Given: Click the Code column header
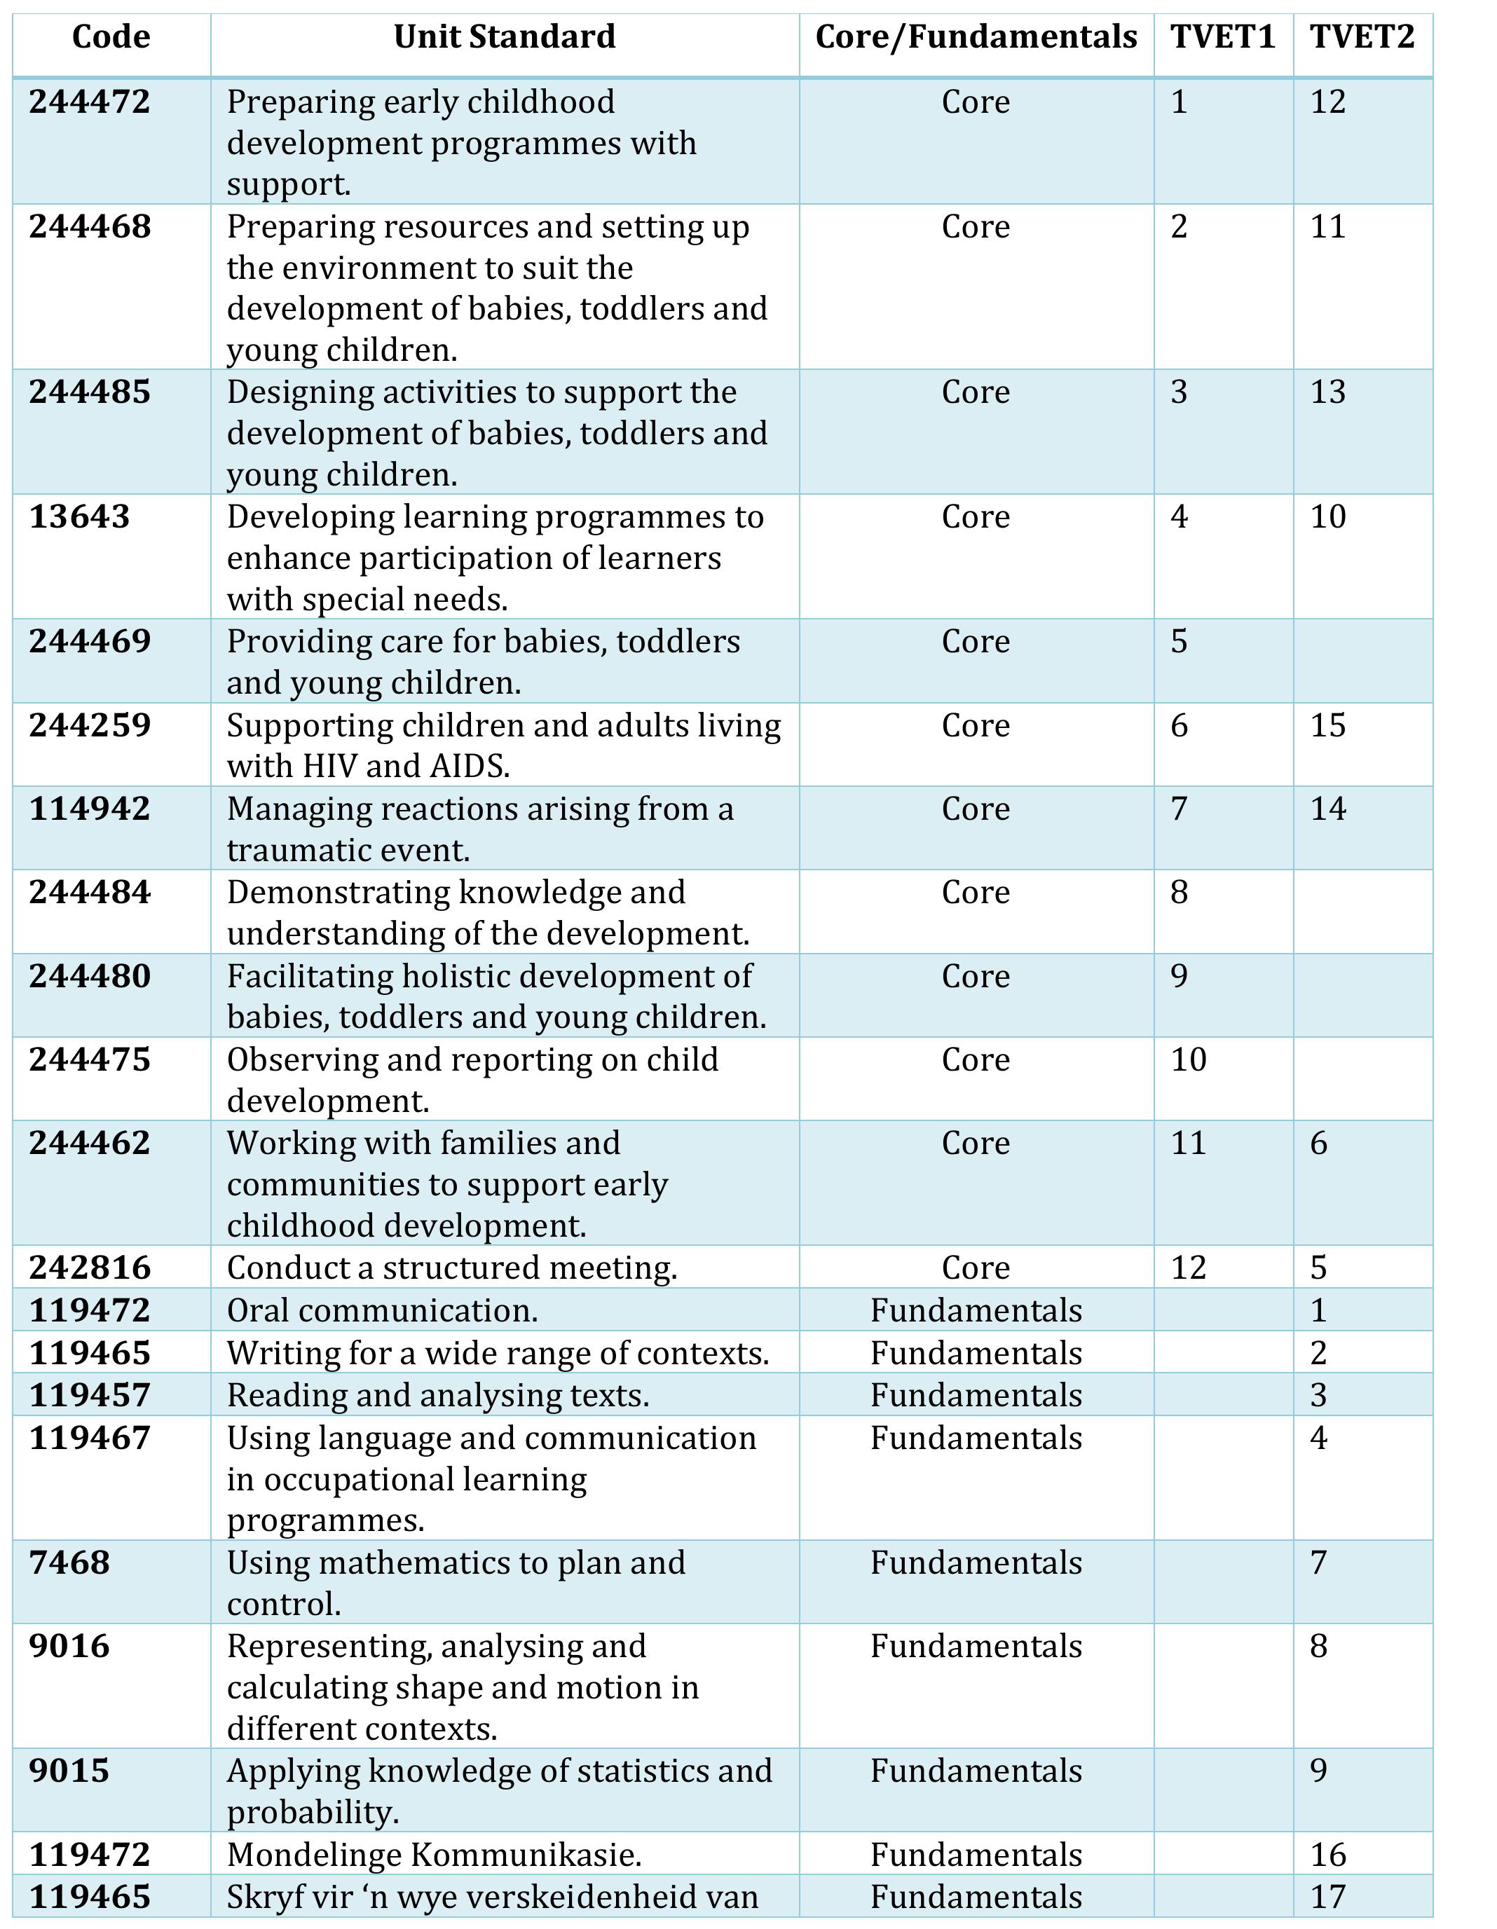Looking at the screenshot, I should click(x=111, y=37).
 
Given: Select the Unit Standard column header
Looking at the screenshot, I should click(x=505, y=37).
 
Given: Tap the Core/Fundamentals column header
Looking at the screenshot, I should click(x=976, y=37).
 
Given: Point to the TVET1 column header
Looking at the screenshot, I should click(x=1223, y=37).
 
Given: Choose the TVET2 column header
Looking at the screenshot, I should click(x=1362, y=37).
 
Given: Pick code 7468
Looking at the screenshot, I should click(x=70, y=1563).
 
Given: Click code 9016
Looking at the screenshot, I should click(x=70, y=1647).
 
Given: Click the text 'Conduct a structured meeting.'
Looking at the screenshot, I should click(x=451, y=1268).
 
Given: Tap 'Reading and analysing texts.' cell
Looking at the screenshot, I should click(x=437, y=1396).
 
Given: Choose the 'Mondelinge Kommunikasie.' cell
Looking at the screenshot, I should click(x=434, y=1855).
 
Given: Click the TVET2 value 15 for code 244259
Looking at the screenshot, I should click(x=1327, y=726).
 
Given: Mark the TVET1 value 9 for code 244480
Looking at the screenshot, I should click(x=1179, y=977).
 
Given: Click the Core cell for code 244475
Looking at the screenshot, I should click(x=975, y=1060).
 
